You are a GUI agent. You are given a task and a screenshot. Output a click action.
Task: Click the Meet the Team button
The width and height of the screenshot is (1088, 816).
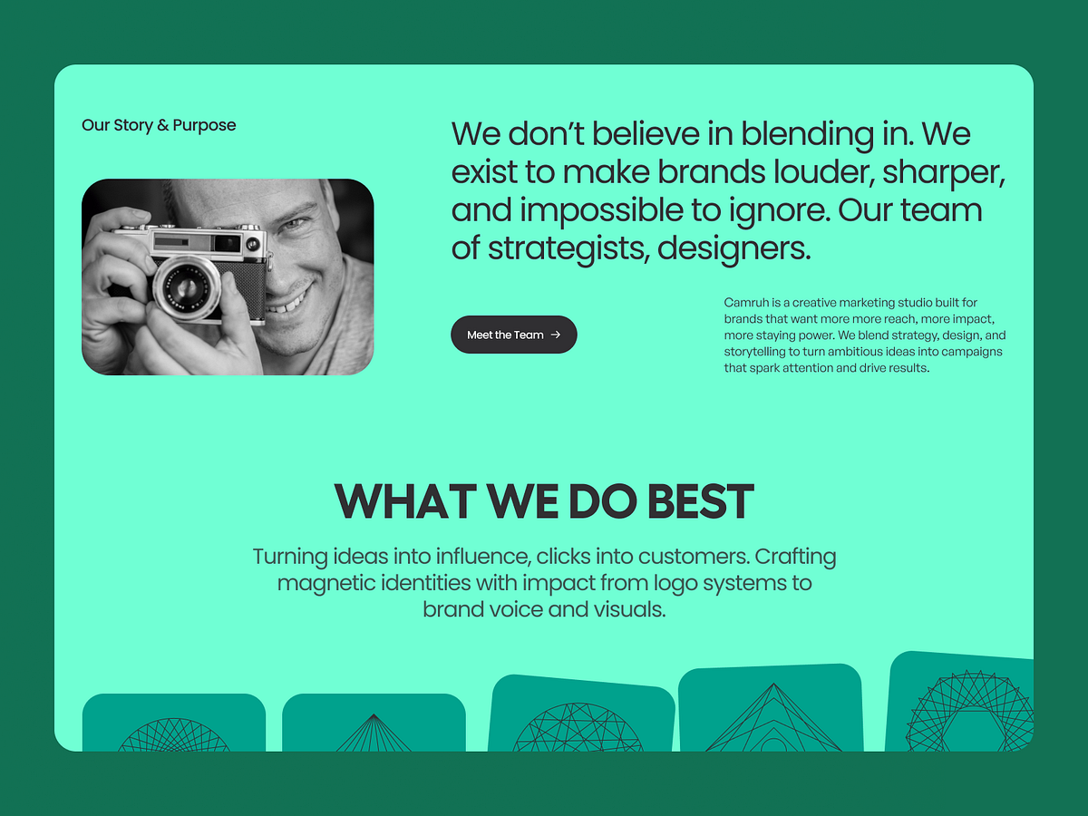click(x=513, y=335)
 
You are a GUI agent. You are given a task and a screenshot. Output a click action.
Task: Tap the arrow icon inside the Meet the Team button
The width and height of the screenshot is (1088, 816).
click(x=556, y=335)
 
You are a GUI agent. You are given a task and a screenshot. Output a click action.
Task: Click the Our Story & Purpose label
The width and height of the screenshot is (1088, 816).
click(x=159, y=125)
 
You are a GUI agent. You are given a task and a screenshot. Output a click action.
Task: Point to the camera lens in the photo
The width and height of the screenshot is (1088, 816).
click(x=187, y=289)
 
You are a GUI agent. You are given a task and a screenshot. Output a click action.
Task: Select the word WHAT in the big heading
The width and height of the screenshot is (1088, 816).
click(x=404, y=501)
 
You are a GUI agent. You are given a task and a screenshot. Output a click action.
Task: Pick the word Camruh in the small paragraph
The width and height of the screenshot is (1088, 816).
click(x=744, y=303)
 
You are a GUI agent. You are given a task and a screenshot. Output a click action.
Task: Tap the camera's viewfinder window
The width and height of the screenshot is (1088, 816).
click(x=227, y=242)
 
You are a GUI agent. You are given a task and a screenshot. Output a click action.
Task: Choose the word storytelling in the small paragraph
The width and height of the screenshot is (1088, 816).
click(x=761, y=352)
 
